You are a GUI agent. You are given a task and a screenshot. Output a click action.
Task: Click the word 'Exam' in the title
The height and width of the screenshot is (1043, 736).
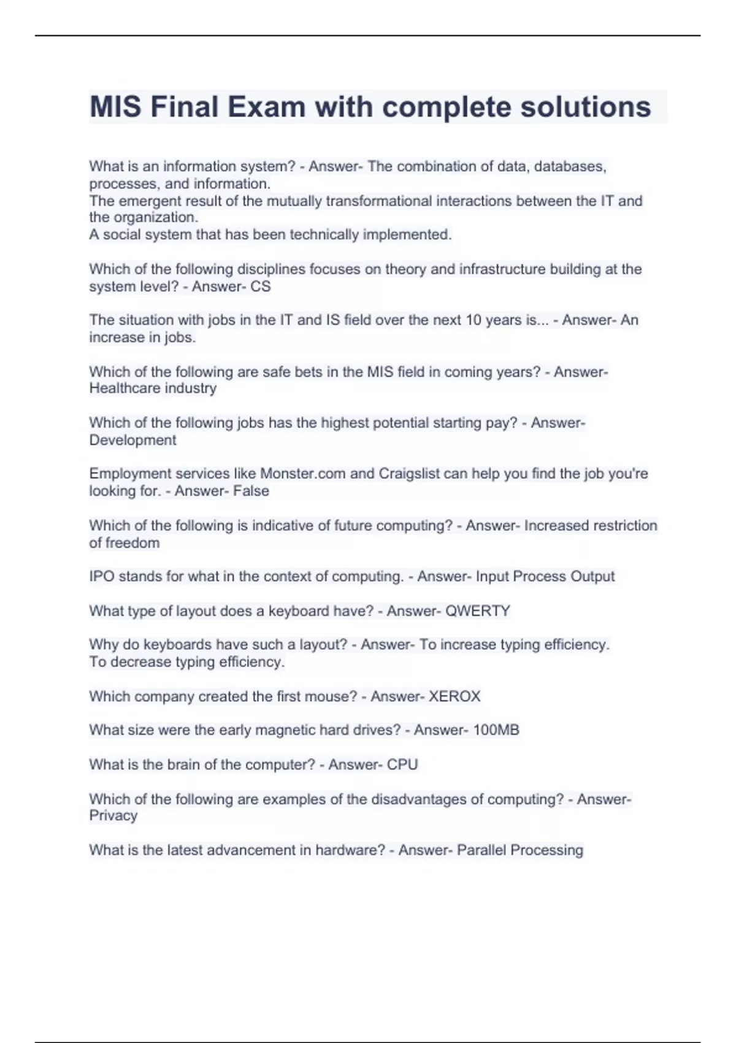tap(266, 107)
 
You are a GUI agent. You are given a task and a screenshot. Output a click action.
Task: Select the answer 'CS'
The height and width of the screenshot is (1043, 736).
tap(261, 287)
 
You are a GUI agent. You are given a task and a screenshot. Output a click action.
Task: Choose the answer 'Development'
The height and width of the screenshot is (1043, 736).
tap(132, 440)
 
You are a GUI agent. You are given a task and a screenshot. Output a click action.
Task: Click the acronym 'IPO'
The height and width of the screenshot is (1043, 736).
tap(102, 577)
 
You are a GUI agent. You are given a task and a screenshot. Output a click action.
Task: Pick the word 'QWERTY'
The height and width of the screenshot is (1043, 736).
tap(478, 611)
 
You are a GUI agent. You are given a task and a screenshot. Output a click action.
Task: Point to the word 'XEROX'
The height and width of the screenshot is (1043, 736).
tap(454, 696)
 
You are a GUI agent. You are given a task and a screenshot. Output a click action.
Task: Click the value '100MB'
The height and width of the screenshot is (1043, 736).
tap(496, 730)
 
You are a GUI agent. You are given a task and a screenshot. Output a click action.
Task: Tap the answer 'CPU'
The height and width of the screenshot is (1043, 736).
tap(402, 764)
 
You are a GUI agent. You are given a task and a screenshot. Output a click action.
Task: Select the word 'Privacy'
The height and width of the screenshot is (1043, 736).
tap(113, 815)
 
